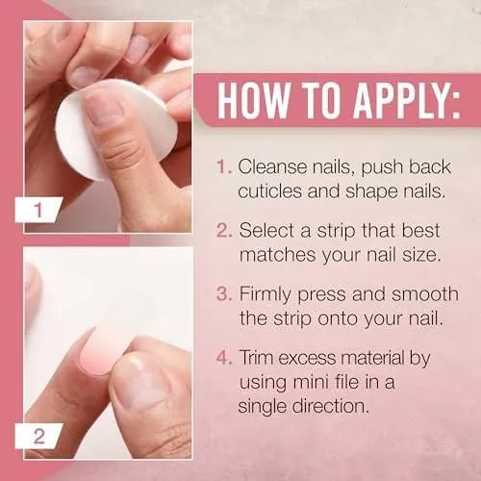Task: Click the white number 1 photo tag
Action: tap(38, 210)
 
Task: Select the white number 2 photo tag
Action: tap(38, 436)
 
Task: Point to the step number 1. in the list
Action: tap(224, 166)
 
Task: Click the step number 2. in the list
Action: tap(224, 230)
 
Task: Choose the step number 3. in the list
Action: tap(224, 293)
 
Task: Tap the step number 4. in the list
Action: tap(224, 357)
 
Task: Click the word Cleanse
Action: tap(272, 166)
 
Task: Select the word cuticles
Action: tap(270, 191)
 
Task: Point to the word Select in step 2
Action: tap(266, 230)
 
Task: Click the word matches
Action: tap(278, 255)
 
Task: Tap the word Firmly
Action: tap(266, 295)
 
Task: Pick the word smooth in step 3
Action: tap(425, 293)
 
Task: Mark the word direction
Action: tap(331, 406)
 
